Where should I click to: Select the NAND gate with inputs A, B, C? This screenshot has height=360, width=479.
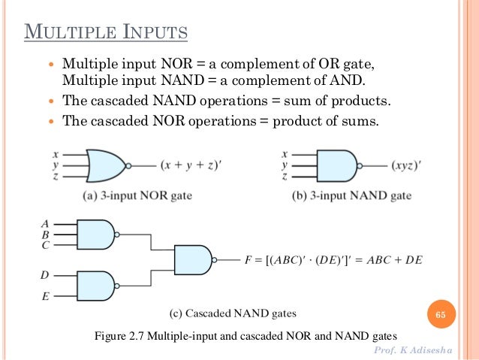96,234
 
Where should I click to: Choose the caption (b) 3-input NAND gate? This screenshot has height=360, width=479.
351,196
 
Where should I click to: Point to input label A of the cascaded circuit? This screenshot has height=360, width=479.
45,223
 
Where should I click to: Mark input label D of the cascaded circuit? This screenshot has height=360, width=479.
45,276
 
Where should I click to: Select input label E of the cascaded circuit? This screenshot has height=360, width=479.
45,297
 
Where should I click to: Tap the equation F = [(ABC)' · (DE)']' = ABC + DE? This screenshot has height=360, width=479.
333,261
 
